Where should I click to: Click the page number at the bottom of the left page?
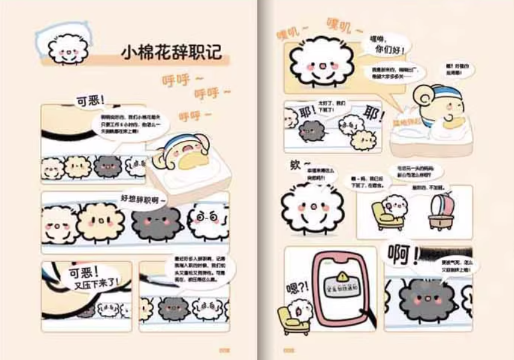225,350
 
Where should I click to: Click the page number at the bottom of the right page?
290,350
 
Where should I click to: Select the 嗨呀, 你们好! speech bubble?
386,44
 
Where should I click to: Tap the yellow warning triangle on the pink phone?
342,276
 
